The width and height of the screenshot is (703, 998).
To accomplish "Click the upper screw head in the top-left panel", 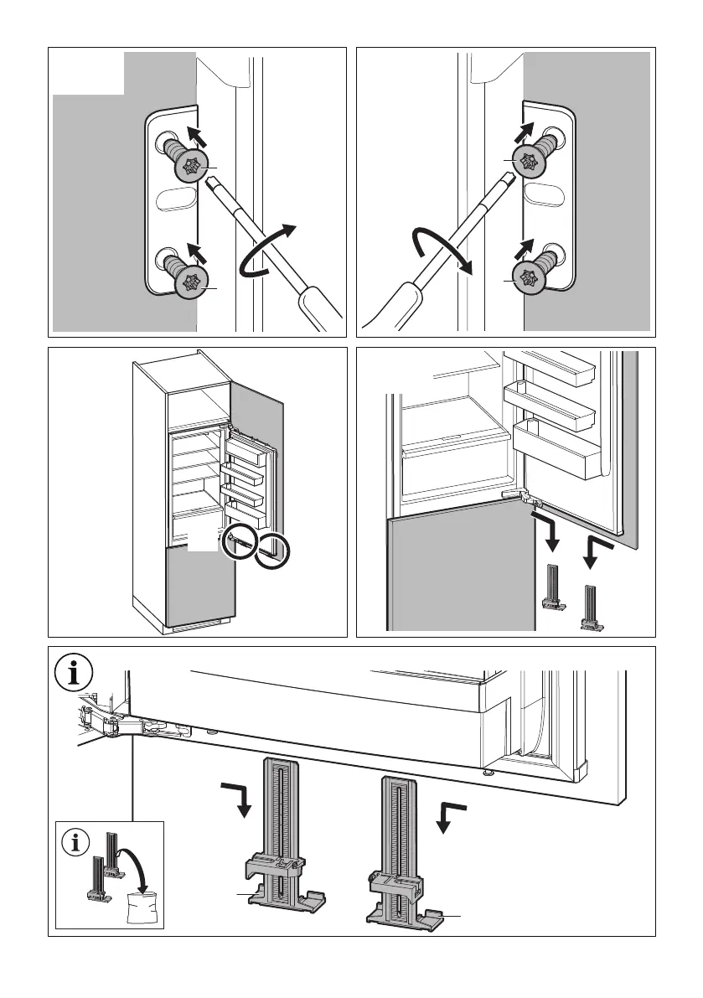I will pos(192,167).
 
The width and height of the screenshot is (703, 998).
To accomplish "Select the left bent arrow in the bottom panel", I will pos(237,796).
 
